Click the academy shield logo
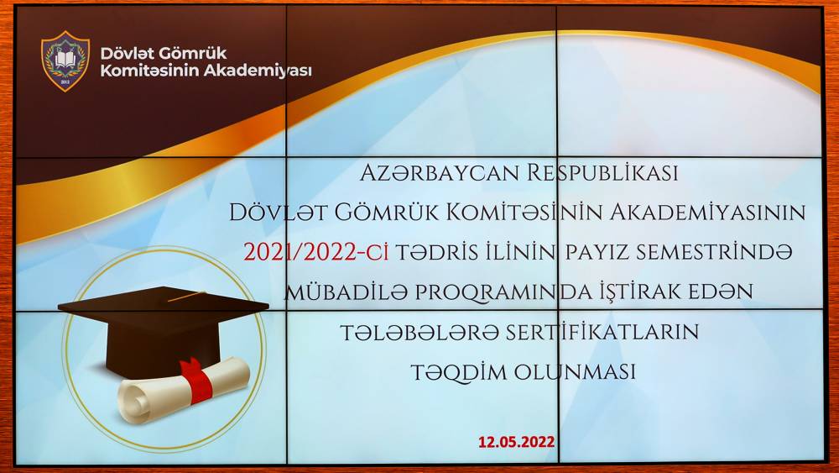(65, 61)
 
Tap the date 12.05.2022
(516, 443)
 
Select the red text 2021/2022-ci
(315, 252)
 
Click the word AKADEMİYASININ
(708, 213)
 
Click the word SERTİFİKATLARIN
(602, 332)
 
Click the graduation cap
(164, 330)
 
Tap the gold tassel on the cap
(186, 297)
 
